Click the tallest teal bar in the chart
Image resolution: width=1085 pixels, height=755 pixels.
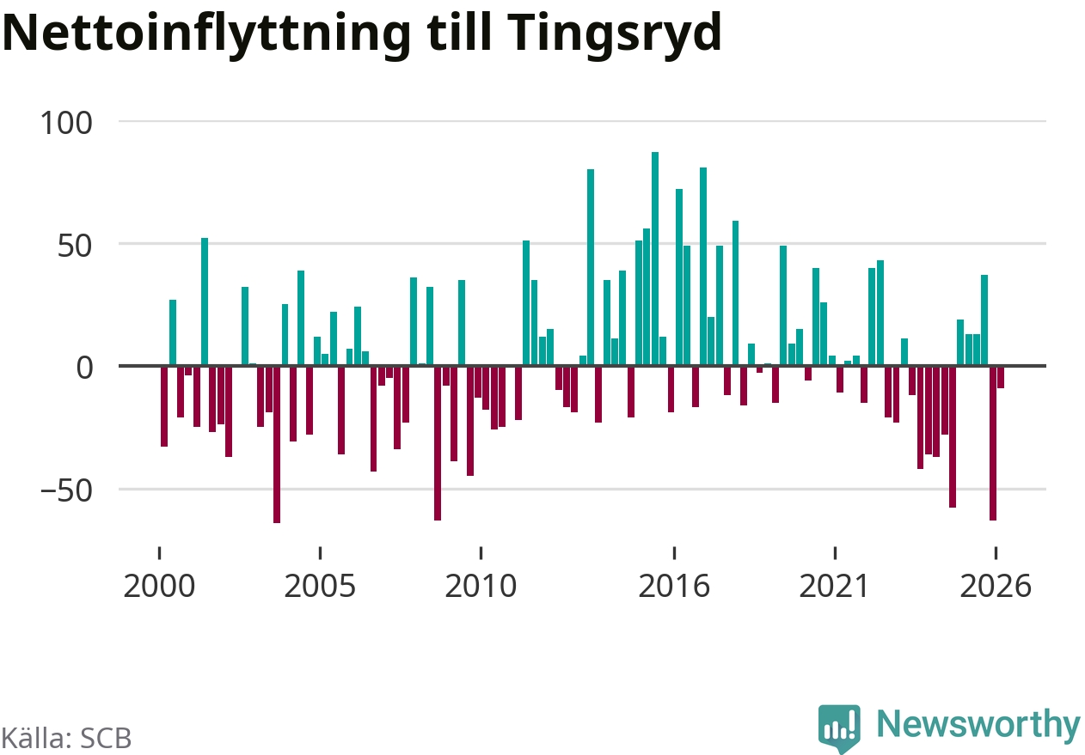click(655, 259)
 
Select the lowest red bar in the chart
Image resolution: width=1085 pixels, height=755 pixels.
click(277, 444)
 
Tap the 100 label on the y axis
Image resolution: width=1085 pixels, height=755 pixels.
click(66, 123)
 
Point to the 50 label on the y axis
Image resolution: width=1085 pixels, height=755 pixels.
click(75, 246)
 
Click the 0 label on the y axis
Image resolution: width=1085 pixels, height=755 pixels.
click(84, 368)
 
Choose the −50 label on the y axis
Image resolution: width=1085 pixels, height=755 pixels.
click(66, 490)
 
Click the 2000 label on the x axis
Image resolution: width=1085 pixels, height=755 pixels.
click(159, 587)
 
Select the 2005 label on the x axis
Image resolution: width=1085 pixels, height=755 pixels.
click(320, 587)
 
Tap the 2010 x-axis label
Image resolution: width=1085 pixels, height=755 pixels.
click(481, 587)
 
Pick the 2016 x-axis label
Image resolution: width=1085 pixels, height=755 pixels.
click(674, 587)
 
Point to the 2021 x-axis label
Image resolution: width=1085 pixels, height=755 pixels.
click(835, 587)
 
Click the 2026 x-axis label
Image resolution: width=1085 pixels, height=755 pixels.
click(996, 587)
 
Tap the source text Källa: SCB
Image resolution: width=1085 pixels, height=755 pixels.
click(66, 738)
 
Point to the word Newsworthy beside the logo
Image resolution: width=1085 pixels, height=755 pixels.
click(978, 725)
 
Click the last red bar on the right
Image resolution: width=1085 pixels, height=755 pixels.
click(1001, 377)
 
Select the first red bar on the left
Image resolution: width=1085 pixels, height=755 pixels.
click(164, 406)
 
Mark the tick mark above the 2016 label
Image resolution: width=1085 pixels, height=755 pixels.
click(674, 553)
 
